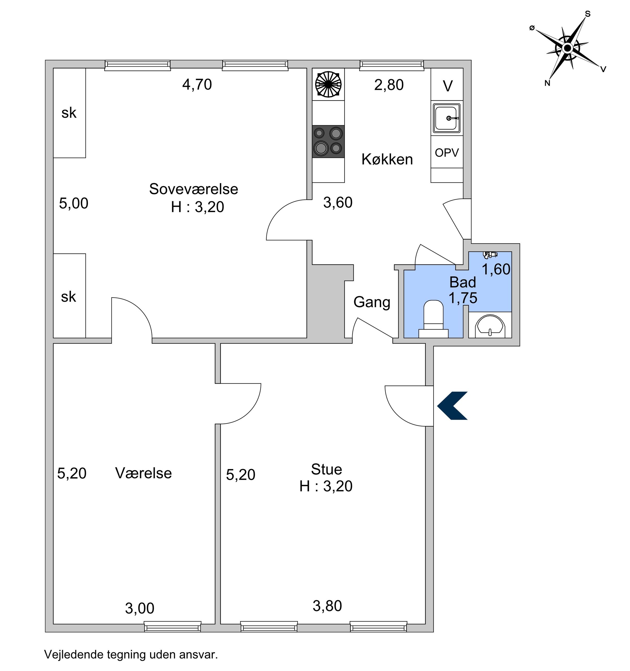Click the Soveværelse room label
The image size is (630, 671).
(194, 189)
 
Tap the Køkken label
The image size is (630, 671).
(387, 159)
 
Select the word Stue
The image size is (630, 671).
(326, 469)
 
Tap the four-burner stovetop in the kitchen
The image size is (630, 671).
(328, 141)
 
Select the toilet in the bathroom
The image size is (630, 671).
(433, 319)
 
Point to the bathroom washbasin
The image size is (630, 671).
(490, 326)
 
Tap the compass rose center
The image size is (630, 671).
(568, 48)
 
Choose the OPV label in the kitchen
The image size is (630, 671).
(447, 153)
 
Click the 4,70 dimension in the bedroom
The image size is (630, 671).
(197, 84)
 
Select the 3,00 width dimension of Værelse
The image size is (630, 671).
(140, 608)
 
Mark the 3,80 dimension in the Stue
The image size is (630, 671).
(327, 606)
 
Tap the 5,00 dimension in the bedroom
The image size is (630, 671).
(73, 203)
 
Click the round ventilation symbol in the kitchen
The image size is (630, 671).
(328, 84)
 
